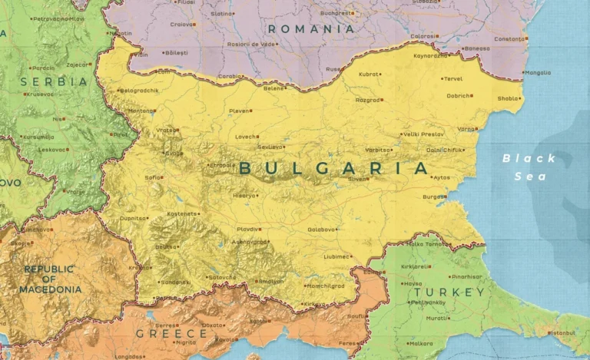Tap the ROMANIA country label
(x=311, y=29)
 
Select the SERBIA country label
(x=54, y=81)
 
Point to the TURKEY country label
(x=449, y=292)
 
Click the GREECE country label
(x=171, y=334)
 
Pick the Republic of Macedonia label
(x=52, y=279)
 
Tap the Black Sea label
(x=529, y=167)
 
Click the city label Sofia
(x=153, y=177)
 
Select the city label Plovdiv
(x=247, y=229)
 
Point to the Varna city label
(x=466, y=128)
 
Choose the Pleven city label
(x=239, y=111)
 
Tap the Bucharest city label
(x=336, y=13)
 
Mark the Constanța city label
(x=509, y=38)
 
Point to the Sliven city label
(x=358, y=178)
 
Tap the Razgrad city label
(x=367, y=100)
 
